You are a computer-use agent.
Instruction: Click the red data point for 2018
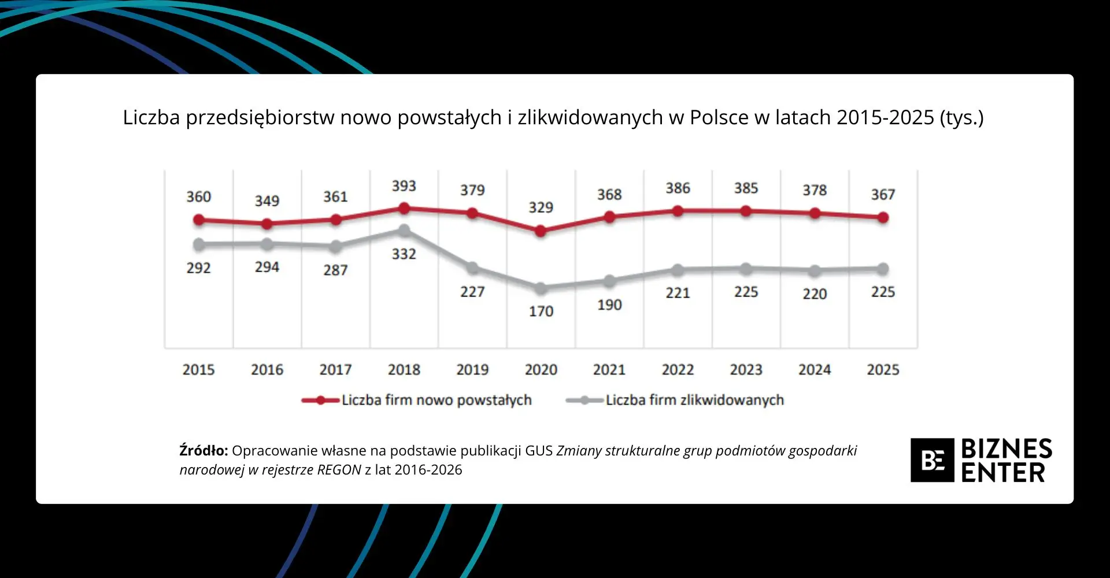click(x=404, y=209)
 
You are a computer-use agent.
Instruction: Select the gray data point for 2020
click(x=541, y=288)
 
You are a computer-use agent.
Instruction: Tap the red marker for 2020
click(x=541, y=231)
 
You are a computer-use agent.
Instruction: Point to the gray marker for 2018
click(x=404, y=231)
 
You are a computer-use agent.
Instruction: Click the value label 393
click(x=404, y=186)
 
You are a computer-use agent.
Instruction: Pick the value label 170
click(x=541, y=312)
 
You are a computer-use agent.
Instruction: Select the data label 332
click(x=404, y=254)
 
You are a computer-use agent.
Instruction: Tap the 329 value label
click(x=541, y=208)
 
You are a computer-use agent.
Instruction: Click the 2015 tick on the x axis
click(x=198, y=370)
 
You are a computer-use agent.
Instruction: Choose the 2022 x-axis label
click(x=678, y=370)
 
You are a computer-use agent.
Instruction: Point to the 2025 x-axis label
click(x=883, y=370)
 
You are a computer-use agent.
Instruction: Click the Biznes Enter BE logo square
click(x=932, y=460)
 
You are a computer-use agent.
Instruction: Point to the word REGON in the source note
click(x=339, y=470)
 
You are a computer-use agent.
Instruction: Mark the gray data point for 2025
click(x=883, y=269)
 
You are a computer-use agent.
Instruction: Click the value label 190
click(x=609, y=305)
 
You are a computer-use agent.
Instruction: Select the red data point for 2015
click(x=199, y=220)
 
